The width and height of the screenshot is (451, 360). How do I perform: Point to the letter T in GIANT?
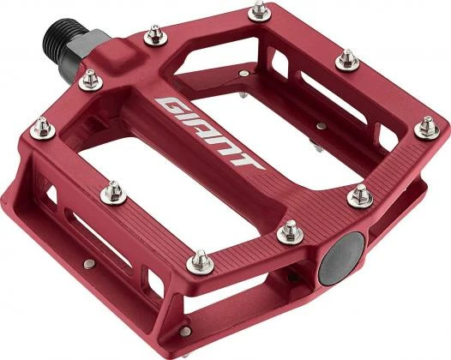click(248, 160)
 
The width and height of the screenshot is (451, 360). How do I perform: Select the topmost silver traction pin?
click(257, 10)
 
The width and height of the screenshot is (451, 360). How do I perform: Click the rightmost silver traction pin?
click(427, 128)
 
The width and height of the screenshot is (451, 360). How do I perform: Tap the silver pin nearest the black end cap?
click(290, 230)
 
